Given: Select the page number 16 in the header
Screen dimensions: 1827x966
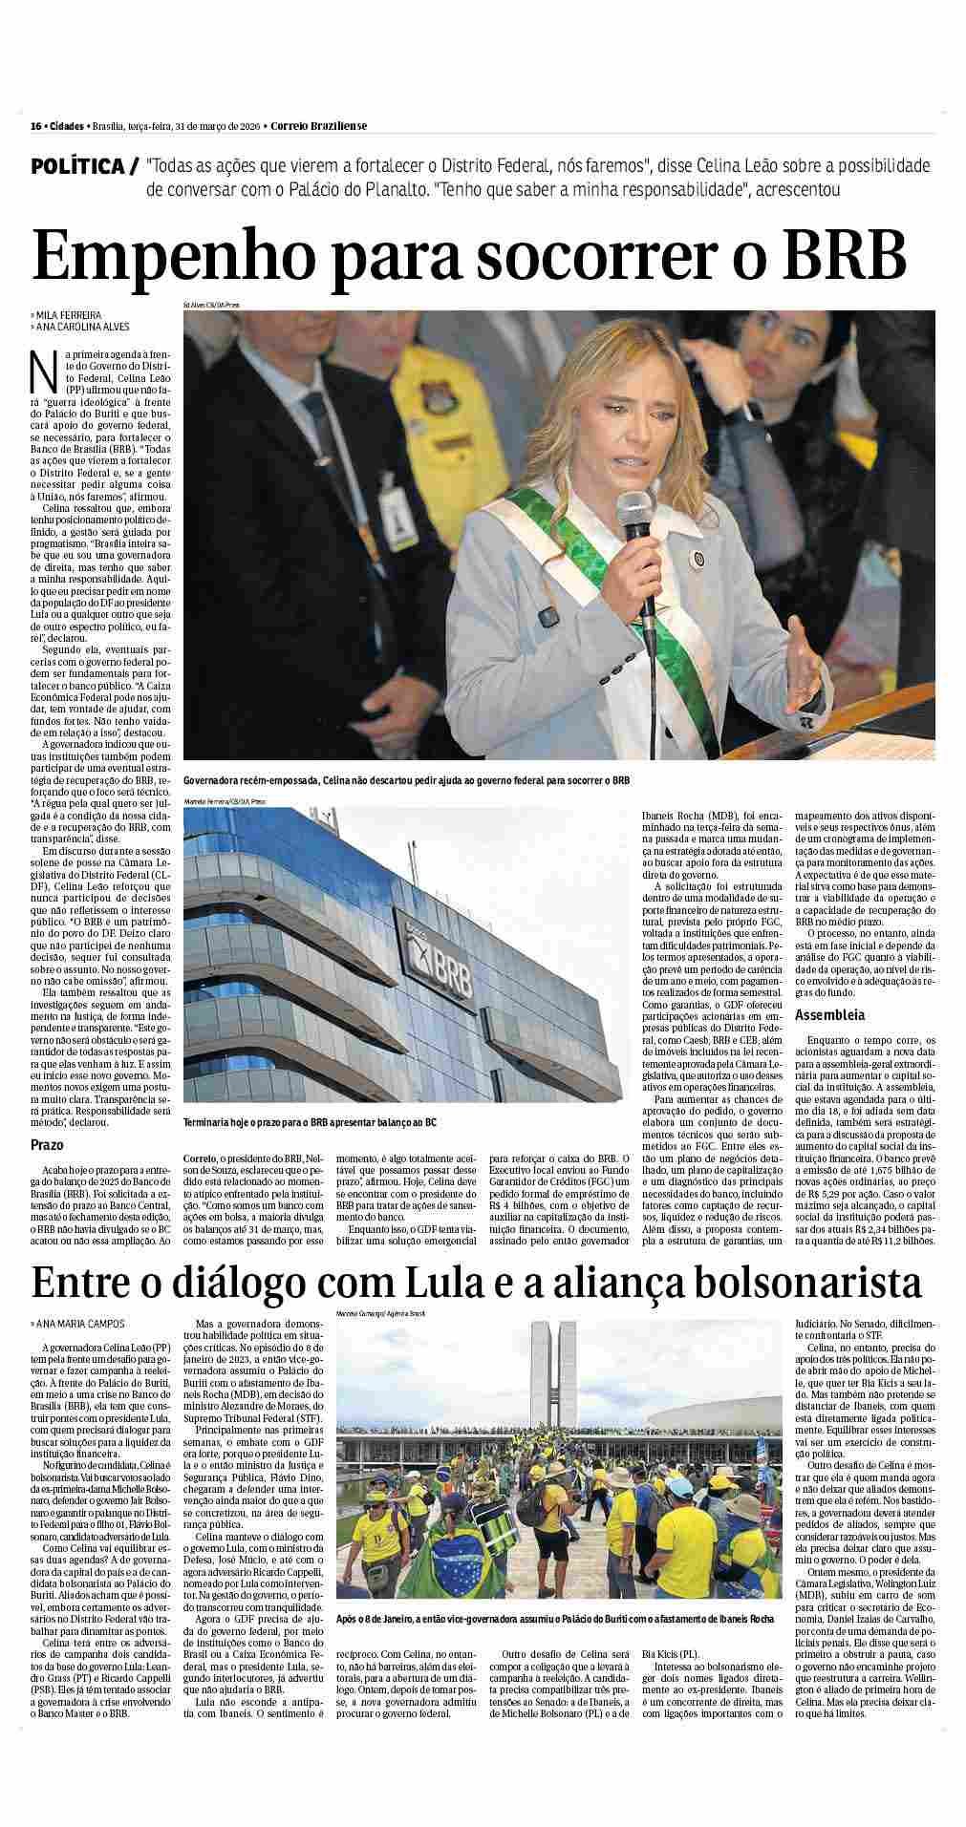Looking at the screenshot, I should coord(34,126).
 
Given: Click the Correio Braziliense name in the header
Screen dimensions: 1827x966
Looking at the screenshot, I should coord(318,126).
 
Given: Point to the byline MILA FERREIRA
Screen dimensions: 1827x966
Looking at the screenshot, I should coord(69,314).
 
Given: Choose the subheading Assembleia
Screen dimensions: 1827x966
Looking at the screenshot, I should coord(829,1015).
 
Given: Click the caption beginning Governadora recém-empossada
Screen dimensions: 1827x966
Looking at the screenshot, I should coord(406,780).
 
